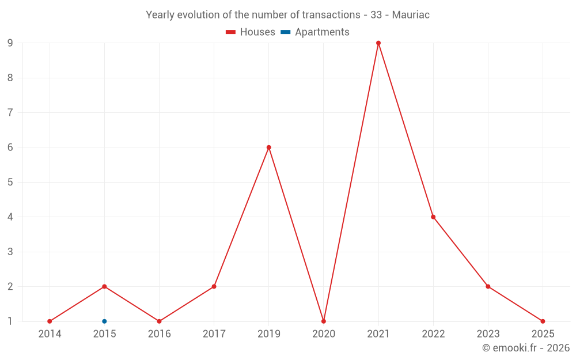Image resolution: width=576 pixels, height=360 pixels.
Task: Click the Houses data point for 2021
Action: (x=378, y=43)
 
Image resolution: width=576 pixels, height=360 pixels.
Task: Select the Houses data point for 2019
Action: (x=269, y=147)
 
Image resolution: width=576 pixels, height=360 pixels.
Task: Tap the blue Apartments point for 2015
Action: (x=104, y=321)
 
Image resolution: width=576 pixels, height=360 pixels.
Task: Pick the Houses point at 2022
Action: (x=433, y=217)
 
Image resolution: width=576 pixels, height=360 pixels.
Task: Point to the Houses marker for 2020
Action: (x=324, y=321)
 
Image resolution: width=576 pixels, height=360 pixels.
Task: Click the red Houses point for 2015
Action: (x=104, y=286)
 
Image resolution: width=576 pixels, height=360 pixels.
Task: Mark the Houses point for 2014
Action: (x=50, y=321)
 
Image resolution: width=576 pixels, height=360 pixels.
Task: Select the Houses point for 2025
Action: (x=543, y=321)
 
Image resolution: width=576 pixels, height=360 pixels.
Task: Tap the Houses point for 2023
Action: (x=488, y=286)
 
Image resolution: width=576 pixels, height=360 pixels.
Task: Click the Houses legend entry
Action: (x=251, y=32)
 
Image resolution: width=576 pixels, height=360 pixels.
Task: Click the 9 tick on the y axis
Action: (x=10, y=43)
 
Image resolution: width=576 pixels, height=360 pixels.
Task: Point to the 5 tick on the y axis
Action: (x=10, y=182)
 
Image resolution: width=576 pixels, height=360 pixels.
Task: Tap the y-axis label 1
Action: (x=10, y=321)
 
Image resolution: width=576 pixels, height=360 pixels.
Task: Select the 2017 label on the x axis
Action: (x=214, y=334)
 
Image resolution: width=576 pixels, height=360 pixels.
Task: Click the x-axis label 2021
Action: (x=378, y=334)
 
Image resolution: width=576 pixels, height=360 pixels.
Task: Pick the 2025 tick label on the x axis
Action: (x=543, y=334)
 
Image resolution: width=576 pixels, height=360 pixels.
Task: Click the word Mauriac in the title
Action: (x=411, y=15)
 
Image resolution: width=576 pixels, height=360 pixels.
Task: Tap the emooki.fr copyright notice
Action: (x=526, y=348)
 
